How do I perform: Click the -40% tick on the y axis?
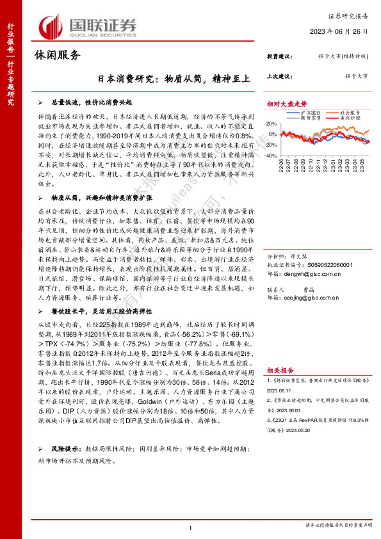272,155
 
